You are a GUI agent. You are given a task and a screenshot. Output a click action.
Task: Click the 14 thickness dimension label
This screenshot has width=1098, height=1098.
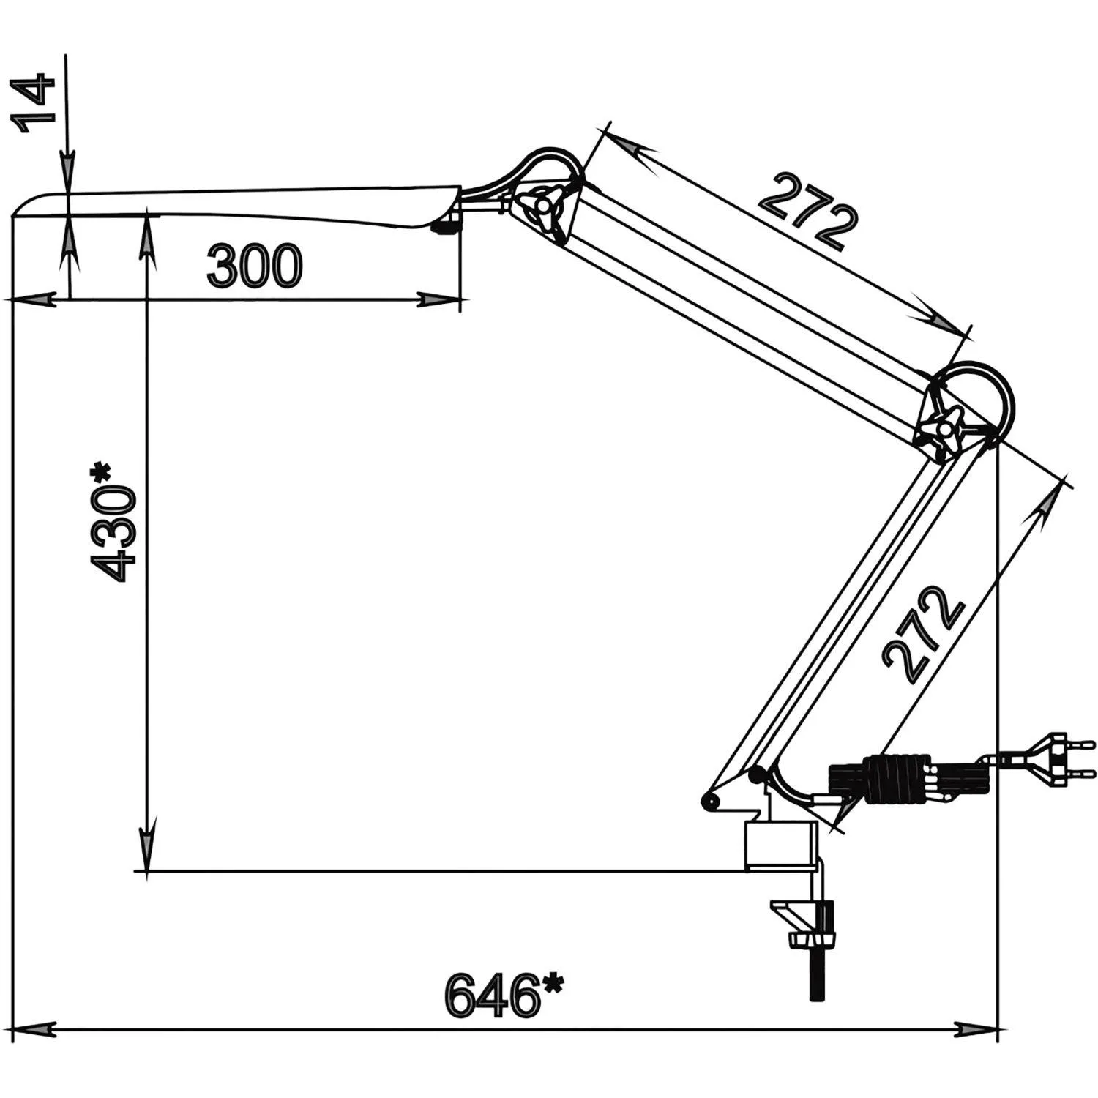pyautogui.click(x=34, y=102)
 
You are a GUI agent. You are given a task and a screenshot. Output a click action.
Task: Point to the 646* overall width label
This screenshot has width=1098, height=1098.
pyautogui.click(x=505, y=996)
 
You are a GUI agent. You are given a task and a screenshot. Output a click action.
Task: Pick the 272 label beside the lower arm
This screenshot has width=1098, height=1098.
pyautogui.click(x=925, y=634)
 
